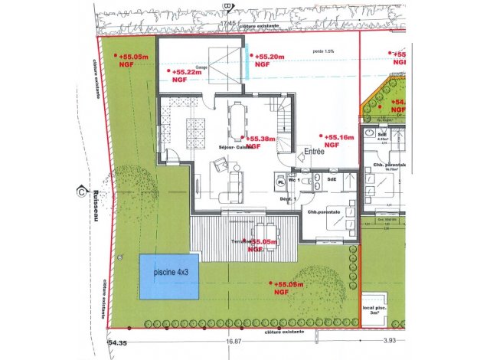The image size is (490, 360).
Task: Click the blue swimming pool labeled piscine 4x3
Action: coord(168,277)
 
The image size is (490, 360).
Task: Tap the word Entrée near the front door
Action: coord(315,152)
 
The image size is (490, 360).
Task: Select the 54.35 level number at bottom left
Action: coord(119,343)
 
